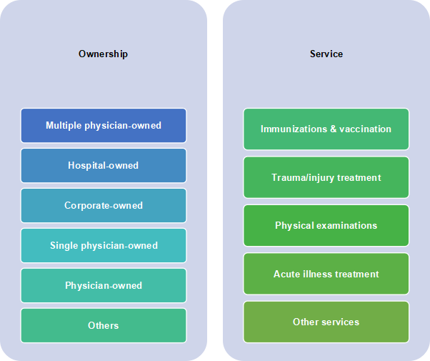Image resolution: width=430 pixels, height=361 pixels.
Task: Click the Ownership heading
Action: (103, 54)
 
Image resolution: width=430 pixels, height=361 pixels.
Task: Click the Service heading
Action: (326, 54)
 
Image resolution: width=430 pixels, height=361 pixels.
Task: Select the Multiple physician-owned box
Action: (104, 126)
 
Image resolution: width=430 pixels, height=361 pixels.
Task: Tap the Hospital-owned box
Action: (104, 166)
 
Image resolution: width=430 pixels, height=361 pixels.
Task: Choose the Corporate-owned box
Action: (104, 205)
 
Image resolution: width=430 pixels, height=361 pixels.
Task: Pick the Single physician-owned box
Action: (104, 245)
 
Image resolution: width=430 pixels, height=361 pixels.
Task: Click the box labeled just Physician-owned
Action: (104, 285)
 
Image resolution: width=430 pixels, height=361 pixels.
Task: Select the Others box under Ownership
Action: (104, 325)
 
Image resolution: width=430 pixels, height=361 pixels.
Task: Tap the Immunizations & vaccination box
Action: (326, 129)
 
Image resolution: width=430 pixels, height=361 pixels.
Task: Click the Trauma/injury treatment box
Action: (326, 177)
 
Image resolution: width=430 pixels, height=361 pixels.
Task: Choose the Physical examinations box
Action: (326, 225)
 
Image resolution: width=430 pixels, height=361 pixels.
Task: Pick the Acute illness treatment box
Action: (326, 274)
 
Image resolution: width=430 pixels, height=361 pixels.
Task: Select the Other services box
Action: (326, 322)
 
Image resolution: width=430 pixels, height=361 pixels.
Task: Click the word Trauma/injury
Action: (303, 178)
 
